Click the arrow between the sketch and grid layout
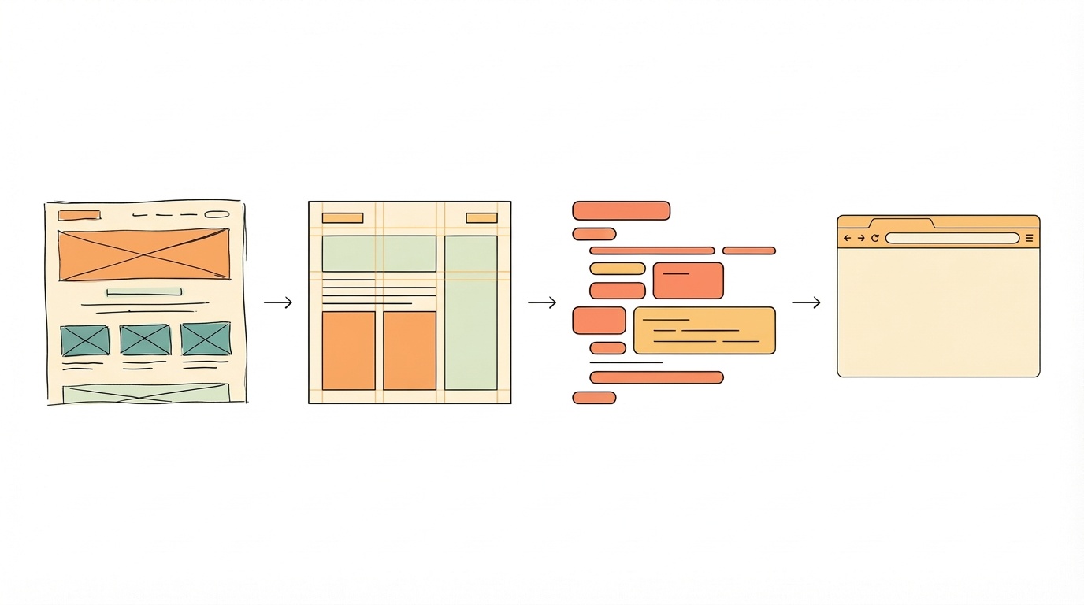click(278, 302)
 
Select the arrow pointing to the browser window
click(806, 302)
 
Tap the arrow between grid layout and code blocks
click(542, 302)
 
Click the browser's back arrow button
click(848, 238)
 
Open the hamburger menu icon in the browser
click(1029, 238)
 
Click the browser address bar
click(952, 238)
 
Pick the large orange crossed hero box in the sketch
click(143, 254)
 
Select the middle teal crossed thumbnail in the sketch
click(145, 340)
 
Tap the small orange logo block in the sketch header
click(80, 215)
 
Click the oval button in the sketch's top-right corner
click(217, 214)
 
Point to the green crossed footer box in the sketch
click(145, 394)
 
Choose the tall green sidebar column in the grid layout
click(470, 313)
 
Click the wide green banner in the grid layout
click(379, 254)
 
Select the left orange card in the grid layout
click(348, 351)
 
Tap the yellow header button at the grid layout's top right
click(481, 218)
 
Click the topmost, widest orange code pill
click(621, 210)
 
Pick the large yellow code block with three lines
click(704, 330)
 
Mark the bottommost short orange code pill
click(594, 398)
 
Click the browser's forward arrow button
click(861, 238)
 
